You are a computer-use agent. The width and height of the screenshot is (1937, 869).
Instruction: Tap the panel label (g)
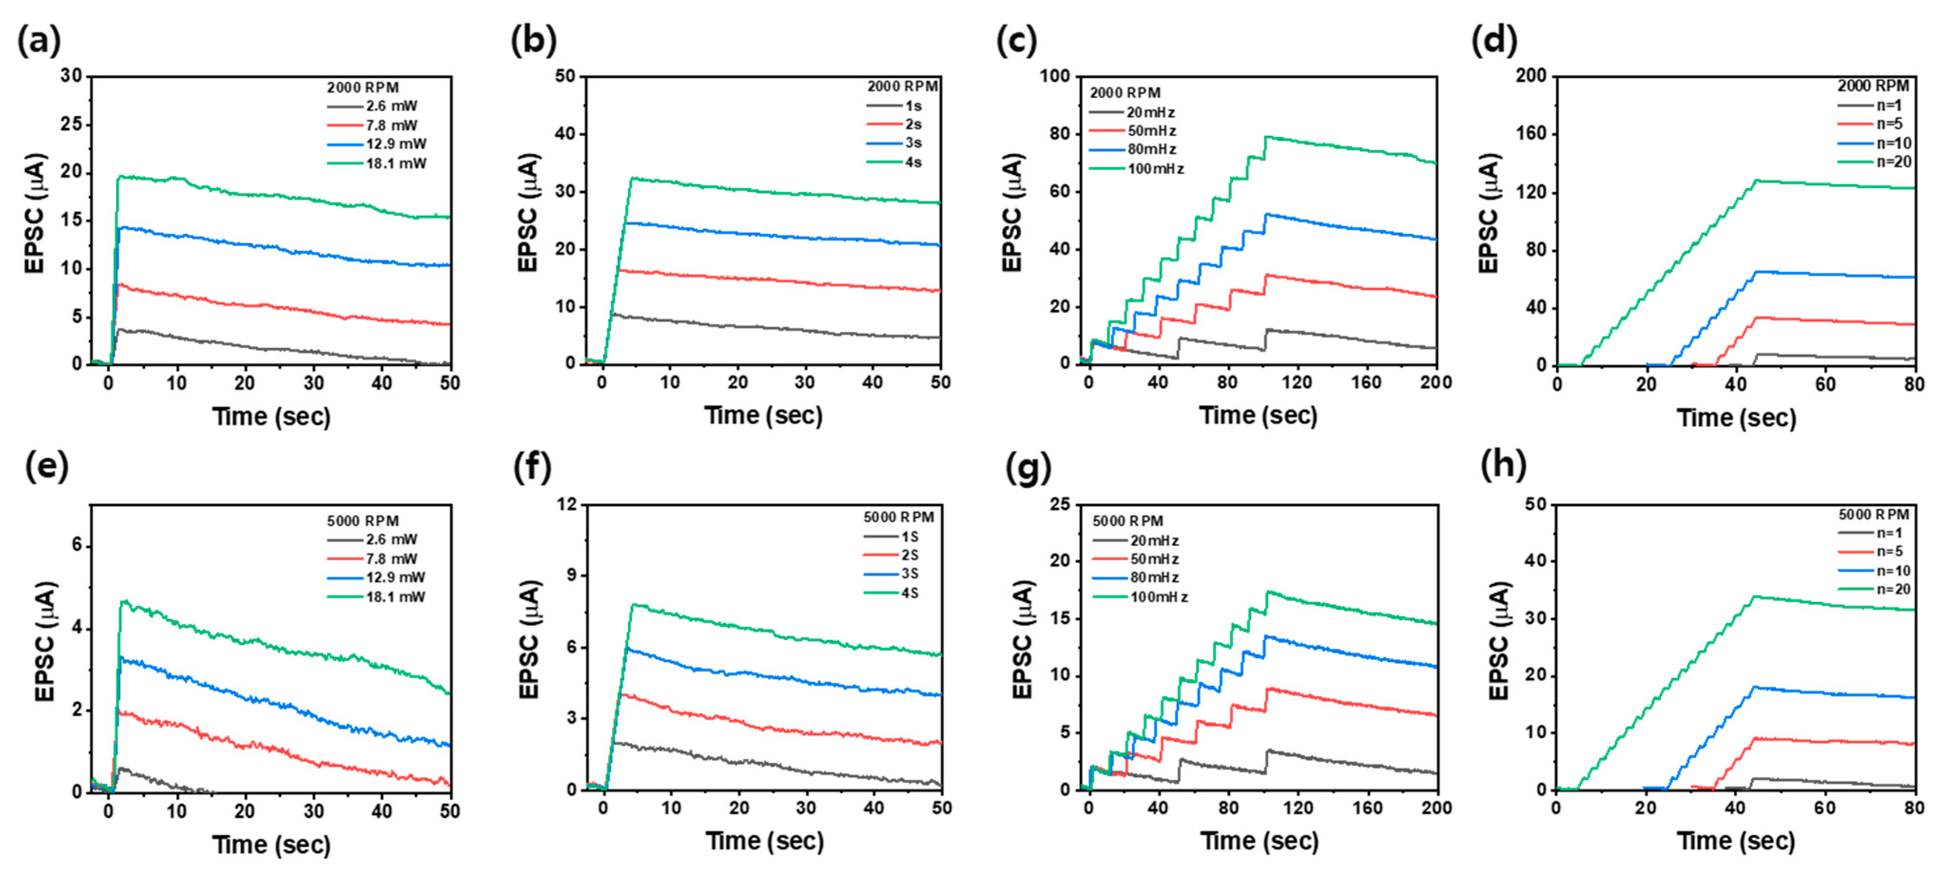1028,467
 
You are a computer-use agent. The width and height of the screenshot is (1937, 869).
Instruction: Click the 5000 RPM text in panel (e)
362,520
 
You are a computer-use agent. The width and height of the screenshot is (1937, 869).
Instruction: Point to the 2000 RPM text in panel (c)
1125,93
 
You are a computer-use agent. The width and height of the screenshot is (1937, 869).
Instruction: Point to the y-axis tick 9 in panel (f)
569,575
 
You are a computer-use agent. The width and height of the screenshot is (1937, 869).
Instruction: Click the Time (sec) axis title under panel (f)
764,840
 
